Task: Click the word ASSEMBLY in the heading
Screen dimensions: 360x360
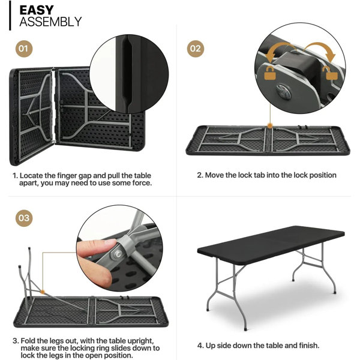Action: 50,23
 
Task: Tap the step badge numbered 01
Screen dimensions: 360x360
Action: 23,48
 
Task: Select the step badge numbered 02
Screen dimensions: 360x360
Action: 196,48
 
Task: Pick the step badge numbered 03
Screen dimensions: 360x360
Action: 23,218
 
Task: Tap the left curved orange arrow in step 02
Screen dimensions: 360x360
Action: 273,50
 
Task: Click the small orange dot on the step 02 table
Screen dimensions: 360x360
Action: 271,126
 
